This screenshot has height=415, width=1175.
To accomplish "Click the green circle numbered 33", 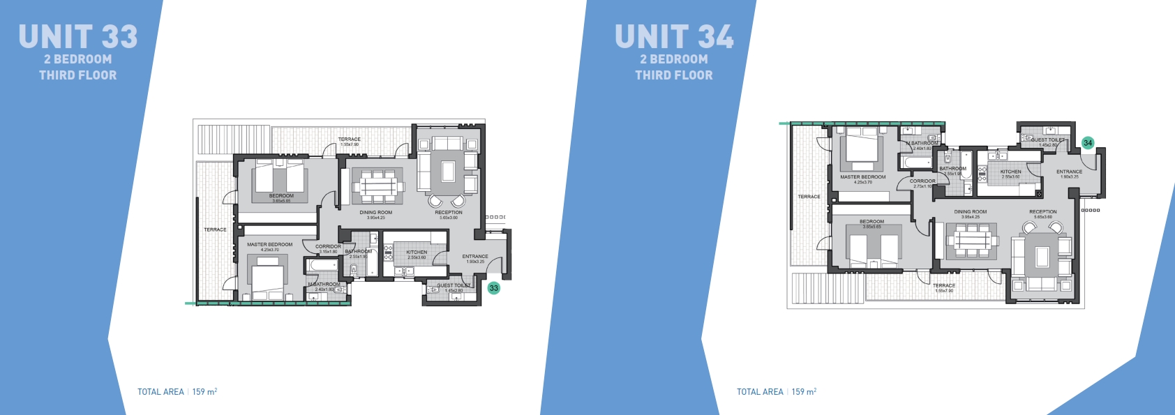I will tap(494, 288).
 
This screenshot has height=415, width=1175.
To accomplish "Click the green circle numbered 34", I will tap(1088, 143).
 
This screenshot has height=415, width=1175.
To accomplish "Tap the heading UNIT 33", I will tap(78, 37).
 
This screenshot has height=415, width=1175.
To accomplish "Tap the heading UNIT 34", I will tap(674, 37).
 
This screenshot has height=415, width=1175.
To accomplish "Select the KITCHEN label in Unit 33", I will tap(417, 252).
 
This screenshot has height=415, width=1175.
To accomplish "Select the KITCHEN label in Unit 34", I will tap(1010, 172).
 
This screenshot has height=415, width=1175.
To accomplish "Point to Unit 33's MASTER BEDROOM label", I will tap(269, 245).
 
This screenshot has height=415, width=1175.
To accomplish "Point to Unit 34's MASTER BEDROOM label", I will tap(863, 177).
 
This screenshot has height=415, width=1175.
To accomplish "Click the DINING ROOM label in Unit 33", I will tap(376, 213).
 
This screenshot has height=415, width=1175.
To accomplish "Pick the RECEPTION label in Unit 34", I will tap(1042, 212).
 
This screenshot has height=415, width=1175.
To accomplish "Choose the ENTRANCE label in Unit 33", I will tap(475, 257).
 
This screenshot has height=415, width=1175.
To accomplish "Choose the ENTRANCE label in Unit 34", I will tap(1069, 172).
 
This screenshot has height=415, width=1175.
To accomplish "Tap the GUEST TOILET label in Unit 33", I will tap(454, 285).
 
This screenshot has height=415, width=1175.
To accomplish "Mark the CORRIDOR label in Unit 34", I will tap(922, 181).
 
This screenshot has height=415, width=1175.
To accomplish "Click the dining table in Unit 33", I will tap(377, 186).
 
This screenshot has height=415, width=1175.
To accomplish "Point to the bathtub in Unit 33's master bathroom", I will tap(322, 266).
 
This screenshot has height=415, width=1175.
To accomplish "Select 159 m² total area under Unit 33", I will tap(204, 392).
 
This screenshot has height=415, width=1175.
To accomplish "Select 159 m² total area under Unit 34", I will tap(804, 392).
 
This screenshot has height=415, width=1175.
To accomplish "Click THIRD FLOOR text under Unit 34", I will tap(674, 75).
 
